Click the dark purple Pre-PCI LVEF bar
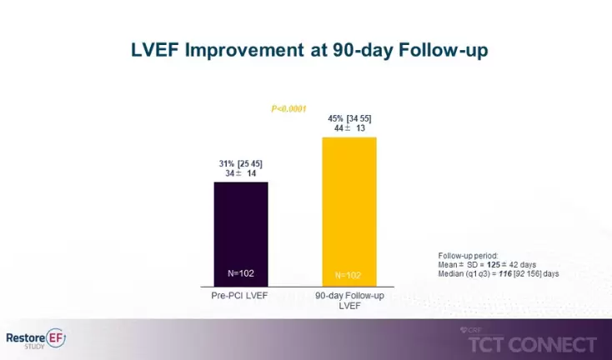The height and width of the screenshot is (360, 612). [x=241, y=233]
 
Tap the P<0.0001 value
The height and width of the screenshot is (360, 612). [x=290, y=107]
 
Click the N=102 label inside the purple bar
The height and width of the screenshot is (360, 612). [x=241, y=273]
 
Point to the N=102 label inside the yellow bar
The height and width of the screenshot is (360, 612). [x=349, y=275]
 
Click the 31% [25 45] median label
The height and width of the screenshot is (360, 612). [x=241, y=163]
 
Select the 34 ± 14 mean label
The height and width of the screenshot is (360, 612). [x=241, y=173]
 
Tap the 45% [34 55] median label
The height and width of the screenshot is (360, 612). [x=349, y=118]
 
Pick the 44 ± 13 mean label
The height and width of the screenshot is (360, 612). [x=349, y=128]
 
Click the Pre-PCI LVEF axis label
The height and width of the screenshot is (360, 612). [x=241, y=297]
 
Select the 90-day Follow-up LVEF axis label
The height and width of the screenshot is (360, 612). [x=349, y=302]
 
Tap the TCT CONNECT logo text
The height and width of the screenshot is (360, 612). [x=534, y=344]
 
